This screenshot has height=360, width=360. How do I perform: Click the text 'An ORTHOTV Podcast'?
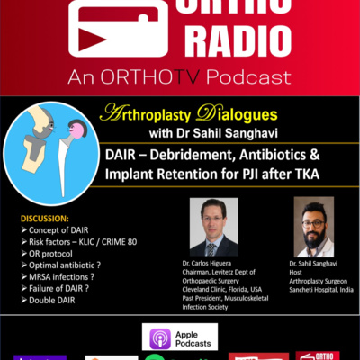180,75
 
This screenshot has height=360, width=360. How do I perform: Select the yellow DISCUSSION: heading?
43,217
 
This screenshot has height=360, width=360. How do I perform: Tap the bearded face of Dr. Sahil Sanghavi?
311,220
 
